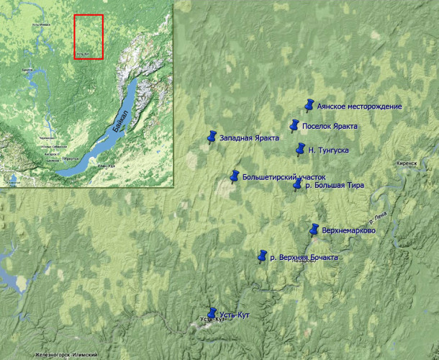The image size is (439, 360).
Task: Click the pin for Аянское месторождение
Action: [x=309, y=105]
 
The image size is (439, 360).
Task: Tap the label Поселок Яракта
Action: [x=330, y=126]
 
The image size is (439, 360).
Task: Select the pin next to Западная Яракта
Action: [x=212, y=136]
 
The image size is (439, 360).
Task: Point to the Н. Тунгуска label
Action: [x=328, y=150]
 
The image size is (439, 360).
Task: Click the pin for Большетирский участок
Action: [x=234, y=176]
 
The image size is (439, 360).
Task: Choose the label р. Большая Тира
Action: [x=334, y=185]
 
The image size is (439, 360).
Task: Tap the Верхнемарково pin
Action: [x=314, y=230]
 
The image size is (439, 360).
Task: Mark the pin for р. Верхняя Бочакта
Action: [x=263, y=256]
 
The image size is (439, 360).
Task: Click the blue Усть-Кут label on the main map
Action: [x=234, y=315]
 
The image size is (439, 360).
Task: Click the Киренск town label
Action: [x=407, y=163]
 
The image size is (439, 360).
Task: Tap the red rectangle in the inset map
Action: [x=89, y=36]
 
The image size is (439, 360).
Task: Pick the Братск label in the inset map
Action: [x=28, y=69]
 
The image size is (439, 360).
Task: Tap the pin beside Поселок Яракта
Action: [x=294, y=126]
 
